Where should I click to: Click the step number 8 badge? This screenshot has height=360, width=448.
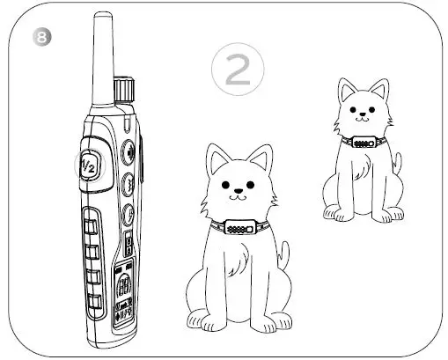(37, 38)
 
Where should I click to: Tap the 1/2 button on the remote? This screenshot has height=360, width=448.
(88, 165)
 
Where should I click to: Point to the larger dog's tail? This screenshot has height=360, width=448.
(283, 255)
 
